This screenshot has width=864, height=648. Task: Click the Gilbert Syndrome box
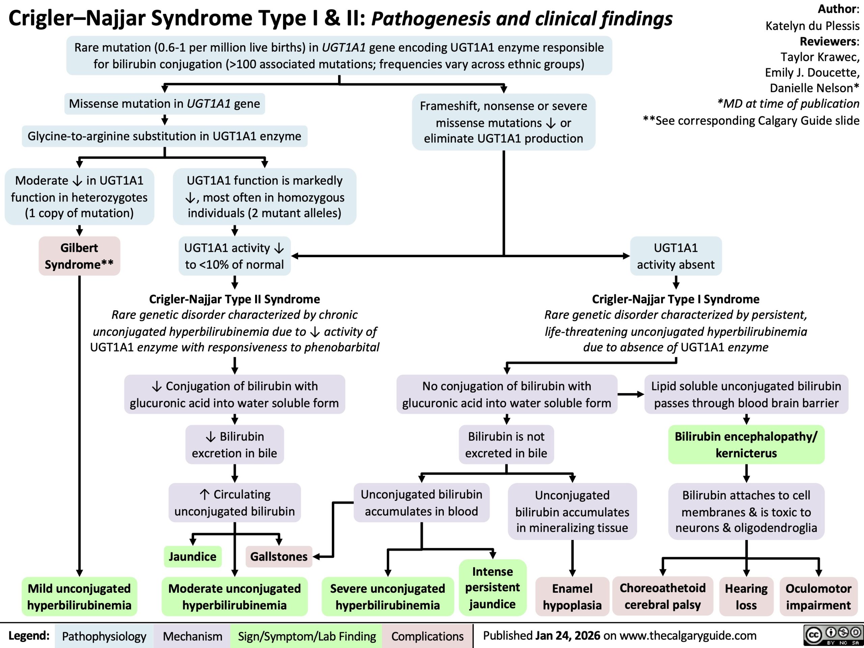pos(79,256)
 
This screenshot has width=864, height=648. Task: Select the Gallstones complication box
pos(279,556)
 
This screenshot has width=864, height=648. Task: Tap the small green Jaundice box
pos(192,556)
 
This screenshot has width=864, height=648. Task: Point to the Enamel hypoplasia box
pos(572,596)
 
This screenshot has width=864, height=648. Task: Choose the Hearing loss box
pos(746,596)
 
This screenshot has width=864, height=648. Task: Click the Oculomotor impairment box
pos(818,596)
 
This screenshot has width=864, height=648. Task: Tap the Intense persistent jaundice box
pos(492,588)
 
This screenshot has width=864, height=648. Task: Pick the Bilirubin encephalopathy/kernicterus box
pos(746,444)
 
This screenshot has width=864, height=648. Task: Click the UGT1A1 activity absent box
pos(676,256)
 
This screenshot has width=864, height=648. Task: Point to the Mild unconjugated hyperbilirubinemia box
pos(79,596)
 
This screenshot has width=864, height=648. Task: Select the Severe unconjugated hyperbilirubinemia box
pos(387,596)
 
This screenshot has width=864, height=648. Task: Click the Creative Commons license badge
pos(832,636)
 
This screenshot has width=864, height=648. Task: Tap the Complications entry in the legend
pos(427,636)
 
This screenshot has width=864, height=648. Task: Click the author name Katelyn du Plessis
pos(812,26)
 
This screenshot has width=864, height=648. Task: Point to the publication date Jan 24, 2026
pos(568,636)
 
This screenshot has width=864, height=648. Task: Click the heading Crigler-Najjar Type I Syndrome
pos(676,299)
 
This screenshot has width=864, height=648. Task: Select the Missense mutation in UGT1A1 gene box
pos(164,104)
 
